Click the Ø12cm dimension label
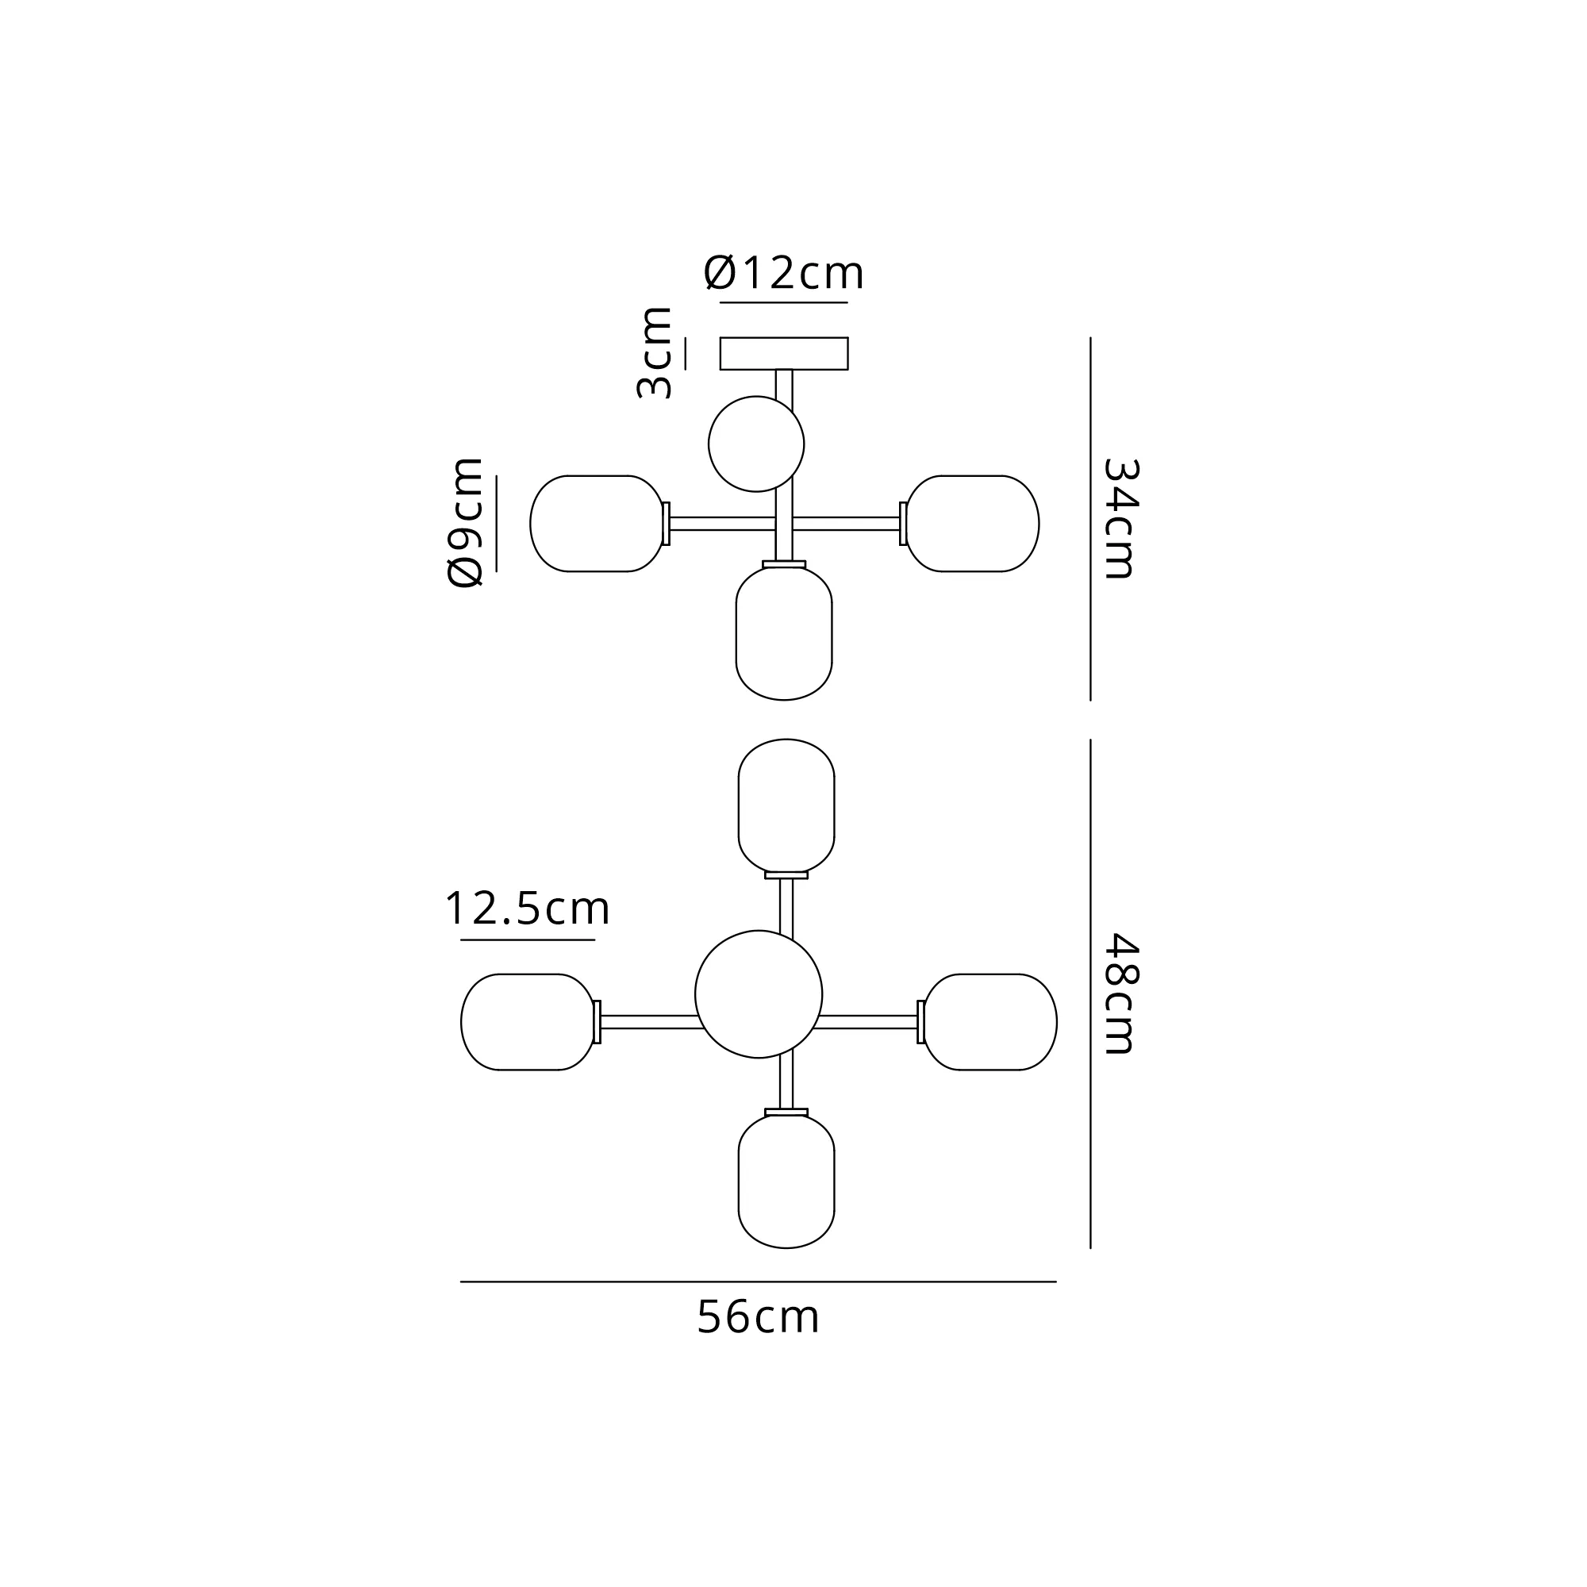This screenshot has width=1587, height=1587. click(784, 273)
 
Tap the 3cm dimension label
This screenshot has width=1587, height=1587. click(655, 353)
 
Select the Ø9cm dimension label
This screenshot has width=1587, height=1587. click(465, 522)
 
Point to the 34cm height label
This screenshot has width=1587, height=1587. click(1120, 518)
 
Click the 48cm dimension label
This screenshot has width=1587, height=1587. click(1120, 994)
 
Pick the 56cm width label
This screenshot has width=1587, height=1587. click(758, 1316)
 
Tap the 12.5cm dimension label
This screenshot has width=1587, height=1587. click(528, 909)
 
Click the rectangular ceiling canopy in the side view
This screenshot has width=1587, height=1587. click(784, 353)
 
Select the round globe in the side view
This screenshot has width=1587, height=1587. click(755, 444)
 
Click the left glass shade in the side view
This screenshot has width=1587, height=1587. click(598, 523)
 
